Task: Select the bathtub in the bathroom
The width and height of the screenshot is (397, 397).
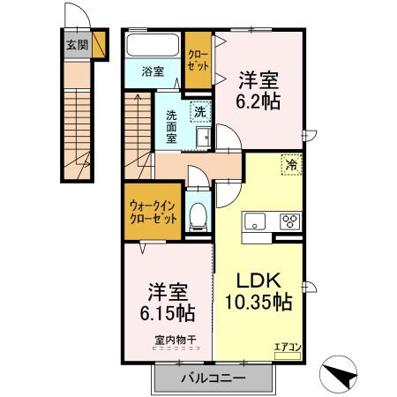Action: tap(154, 45)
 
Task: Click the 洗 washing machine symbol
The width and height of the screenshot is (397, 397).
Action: tap(201, 111)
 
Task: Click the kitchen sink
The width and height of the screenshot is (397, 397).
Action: tap(254, 221)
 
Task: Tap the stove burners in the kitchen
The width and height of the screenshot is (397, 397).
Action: tap(289, 221)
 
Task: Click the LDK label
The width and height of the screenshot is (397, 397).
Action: tap(258, 281)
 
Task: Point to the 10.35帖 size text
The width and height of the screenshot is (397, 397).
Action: tap(258, 303)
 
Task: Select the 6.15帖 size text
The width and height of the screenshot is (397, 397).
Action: tap(167, 312)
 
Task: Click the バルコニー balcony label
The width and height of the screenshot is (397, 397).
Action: tap(213, 378)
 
